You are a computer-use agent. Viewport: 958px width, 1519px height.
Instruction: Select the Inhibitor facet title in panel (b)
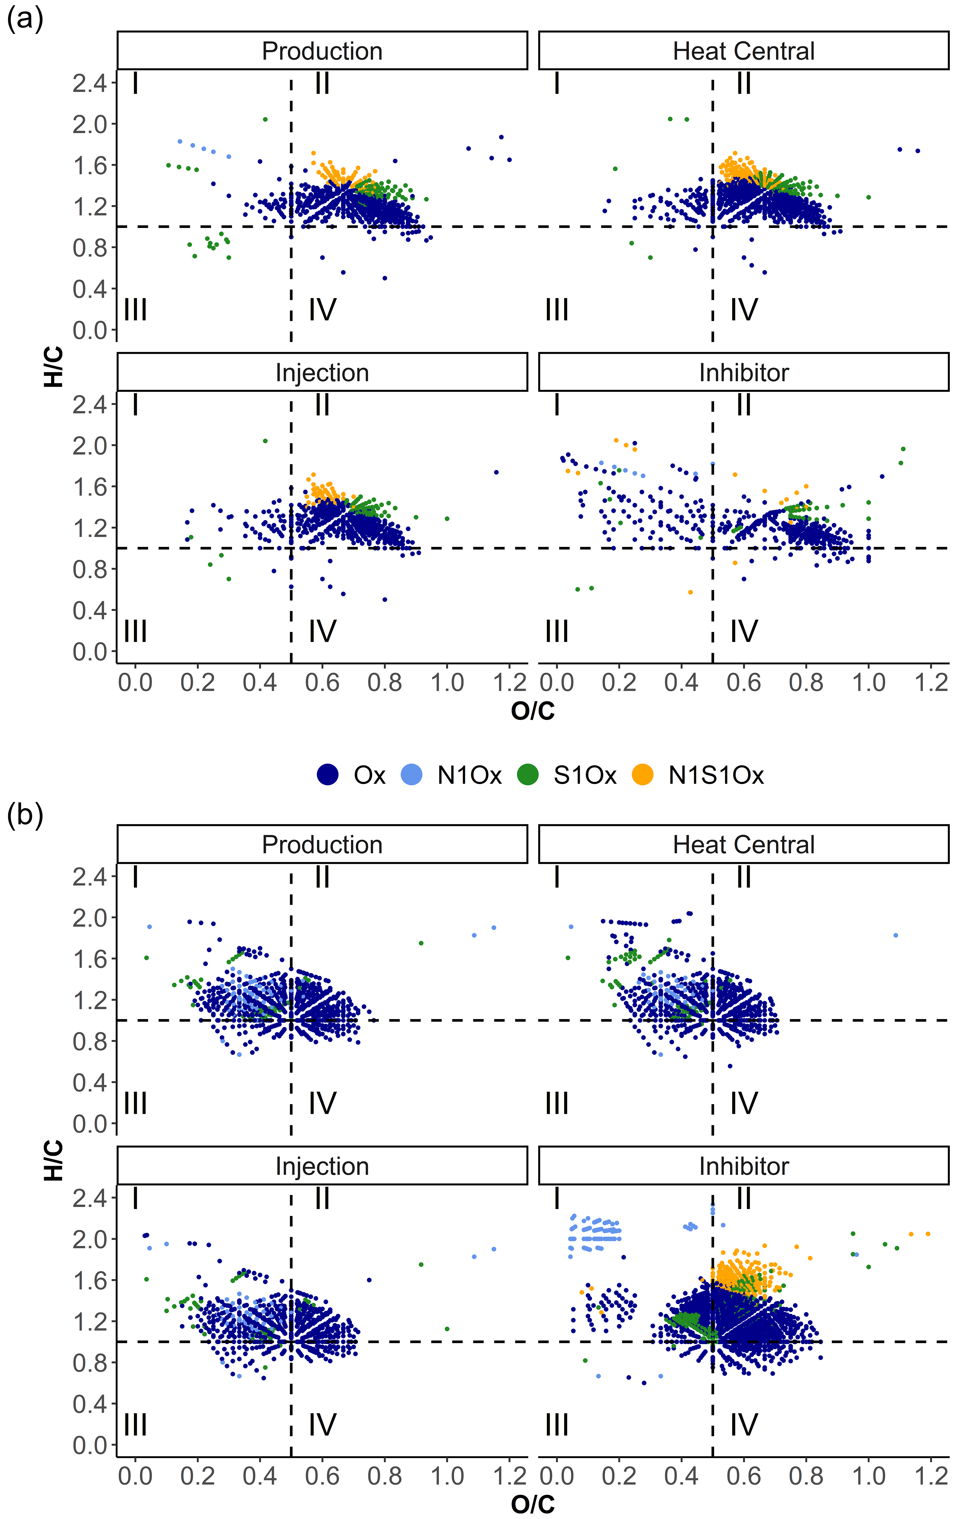coord(744,1166)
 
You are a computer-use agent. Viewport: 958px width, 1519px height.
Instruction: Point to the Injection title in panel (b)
coord(322,1166)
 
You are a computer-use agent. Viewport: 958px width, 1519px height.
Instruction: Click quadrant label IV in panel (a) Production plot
coord(322,310)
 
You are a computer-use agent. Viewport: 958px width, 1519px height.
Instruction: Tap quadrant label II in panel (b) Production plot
coord(322,877)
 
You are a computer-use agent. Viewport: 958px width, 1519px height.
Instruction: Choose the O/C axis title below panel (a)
coord(533,711)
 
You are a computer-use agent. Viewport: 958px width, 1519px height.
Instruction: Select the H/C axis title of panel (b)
coord(54,1161)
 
